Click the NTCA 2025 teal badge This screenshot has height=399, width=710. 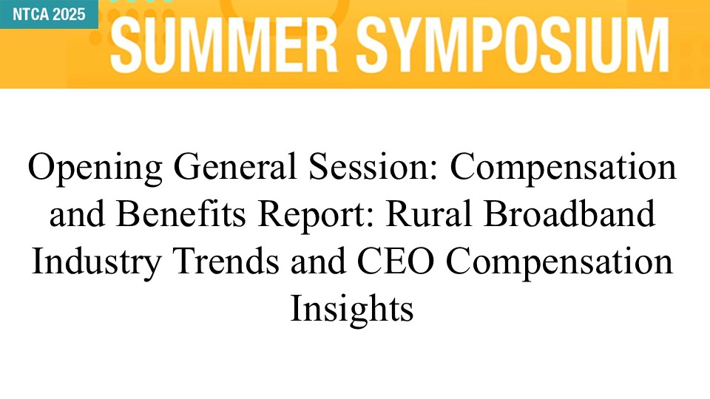pyautogui.click(x=49, y=14)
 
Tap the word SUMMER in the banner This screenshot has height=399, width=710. pyautogui.click(x=223, y=44)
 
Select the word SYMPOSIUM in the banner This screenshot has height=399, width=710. pyautogui.click(x=513, y=44)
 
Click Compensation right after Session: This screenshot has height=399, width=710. pyautogui.click(x=563, y=168)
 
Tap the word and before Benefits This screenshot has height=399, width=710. pyautogui.click(x=77, y=214)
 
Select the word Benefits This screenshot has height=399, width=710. pyautogui.click(x=181, y=214)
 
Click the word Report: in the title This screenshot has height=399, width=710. pyautogui.click(x=316, y=215)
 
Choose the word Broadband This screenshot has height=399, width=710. pyautogui.click(x=569, y=214)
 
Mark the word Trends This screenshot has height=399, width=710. pyautogui.click(x=226, y=261)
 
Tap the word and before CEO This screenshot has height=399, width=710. pyautogui.click(x=318, y=261)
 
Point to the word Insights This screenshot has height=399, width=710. pyautogui.click(x=352, y=310)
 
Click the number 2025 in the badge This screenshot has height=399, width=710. pyautogui.click(x=70, y=15)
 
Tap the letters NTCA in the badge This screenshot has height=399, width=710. pyautogui.click(x=30, y=15)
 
